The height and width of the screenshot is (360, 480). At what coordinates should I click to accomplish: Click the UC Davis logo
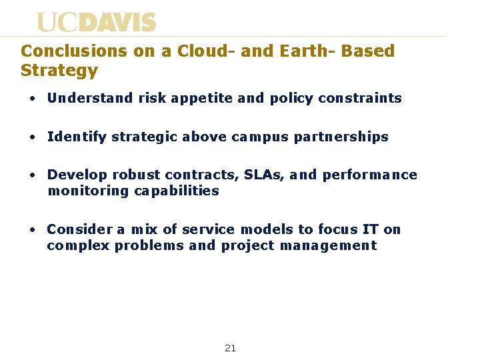(x=96, y=23)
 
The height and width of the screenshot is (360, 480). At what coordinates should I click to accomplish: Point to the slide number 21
(x=230, y=348)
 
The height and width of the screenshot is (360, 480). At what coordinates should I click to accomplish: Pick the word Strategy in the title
(x=59, y=70)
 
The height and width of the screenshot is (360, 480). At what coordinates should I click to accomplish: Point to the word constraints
(x=360, y=98)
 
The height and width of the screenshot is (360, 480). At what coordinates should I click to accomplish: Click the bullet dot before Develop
(x=32, y=175)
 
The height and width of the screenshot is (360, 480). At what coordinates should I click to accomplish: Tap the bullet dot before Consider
(x=32, y=230)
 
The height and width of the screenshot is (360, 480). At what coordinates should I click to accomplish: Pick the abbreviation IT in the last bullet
(x=370, y=229)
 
